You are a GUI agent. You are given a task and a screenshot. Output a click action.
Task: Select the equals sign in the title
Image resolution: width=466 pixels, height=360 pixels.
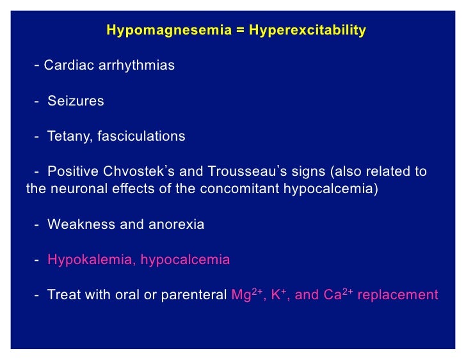(240, 30)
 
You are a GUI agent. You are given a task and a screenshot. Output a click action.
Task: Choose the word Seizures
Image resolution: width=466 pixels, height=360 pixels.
(76, 101)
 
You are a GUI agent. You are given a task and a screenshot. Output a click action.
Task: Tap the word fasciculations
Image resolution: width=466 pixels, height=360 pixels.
(141, 136)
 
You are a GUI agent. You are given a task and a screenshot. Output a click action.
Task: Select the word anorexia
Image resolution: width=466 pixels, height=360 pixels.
(179, 224)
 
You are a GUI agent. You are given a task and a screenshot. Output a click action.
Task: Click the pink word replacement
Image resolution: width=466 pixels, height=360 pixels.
(398, 295)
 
